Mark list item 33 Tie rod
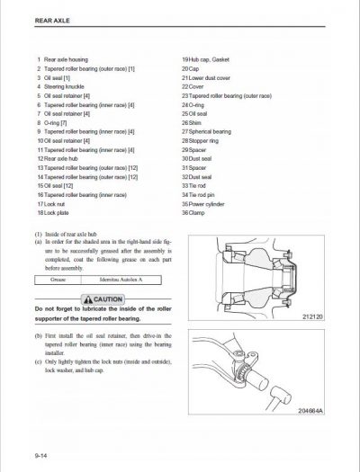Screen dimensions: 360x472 tap(194, 184)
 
